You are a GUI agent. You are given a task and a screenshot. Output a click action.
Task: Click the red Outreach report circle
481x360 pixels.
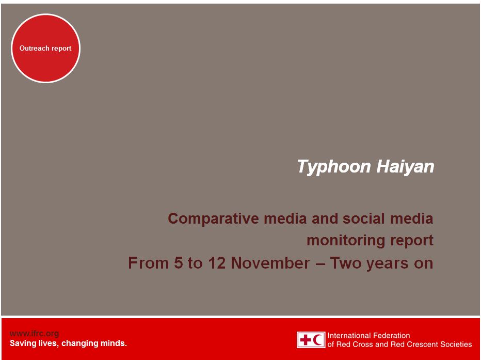click(46, 48)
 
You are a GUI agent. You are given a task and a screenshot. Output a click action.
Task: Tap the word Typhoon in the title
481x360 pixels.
click(334, 167)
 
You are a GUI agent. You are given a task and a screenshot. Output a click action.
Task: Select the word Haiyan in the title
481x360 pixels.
click(405, 167)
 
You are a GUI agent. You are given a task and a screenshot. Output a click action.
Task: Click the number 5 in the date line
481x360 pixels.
click(178, 263)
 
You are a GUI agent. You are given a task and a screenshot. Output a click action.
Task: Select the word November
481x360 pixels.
click(270, 263)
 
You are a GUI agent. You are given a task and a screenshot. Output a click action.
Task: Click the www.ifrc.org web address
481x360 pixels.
click(35, 334)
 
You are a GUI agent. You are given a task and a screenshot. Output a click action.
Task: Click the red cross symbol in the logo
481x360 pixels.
click(305, 340)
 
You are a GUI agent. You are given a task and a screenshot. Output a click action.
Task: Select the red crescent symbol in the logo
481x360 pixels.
click(319, 340)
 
